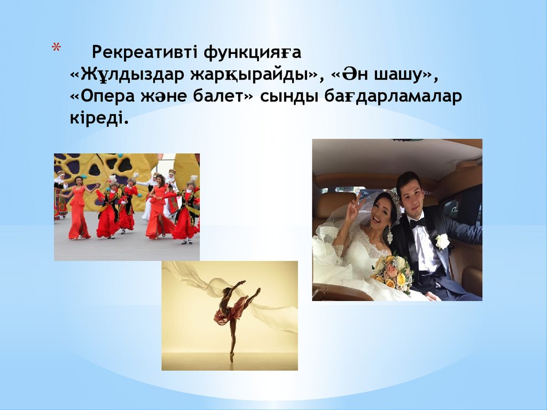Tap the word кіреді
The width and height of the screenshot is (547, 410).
[x=99, y=119]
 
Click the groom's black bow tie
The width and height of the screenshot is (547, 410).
[x=418, y=223]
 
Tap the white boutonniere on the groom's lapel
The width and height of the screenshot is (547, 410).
[x=442, y=241]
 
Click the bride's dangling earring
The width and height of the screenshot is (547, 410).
[x=390, y=234]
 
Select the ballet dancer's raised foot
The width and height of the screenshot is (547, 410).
[x=258, y=291]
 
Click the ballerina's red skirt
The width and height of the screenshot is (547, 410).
[x=223, y=316]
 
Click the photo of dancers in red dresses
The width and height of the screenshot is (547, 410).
[x=127, y=207]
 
